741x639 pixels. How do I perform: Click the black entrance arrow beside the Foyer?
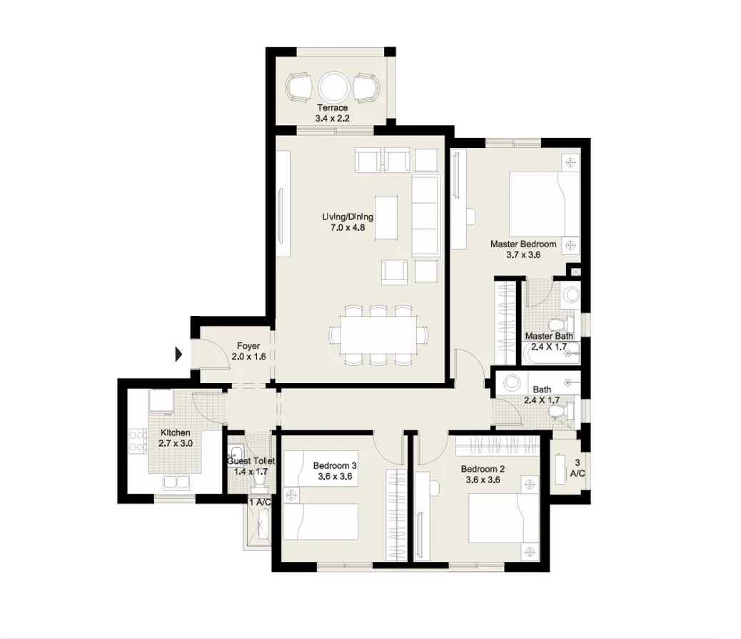[179, 353]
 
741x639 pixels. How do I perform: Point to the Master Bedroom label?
[523, 244]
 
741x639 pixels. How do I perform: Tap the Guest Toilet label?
[251, 462]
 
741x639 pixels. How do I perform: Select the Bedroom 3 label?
[335, 465]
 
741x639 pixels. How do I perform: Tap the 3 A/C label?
[577, 467]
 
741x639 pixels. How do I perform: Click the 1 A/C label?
[259, 502]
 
